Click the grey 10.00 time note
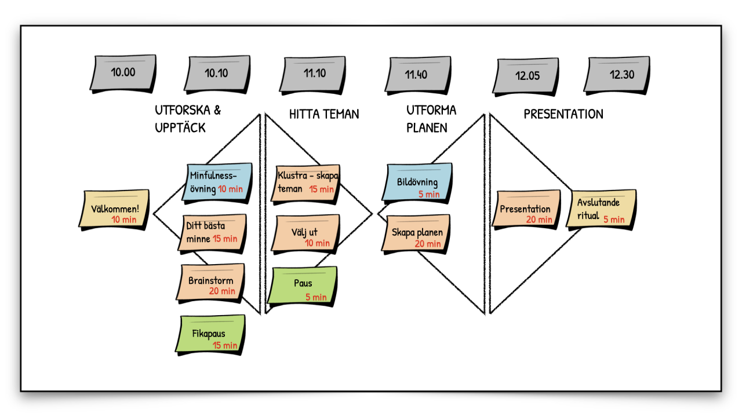pos(123,73)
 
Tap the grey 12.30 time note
pos(619,74)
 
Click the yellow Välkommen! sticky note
pos(114,209)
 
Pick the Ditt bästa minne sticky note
pos(212,232)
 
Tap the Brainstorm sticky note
pos(210,282)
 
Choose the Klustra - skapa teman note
pos(307,182)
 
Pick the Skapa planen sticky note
pos(416,233)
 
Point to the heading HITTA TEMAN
pos(324,114)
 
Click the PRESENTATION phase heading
pos(563,114)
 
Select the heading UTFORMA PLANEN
pos(431,119)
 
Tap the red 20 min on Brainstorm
pos(223,291)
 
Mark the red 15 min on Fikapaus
pos(225,345)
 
